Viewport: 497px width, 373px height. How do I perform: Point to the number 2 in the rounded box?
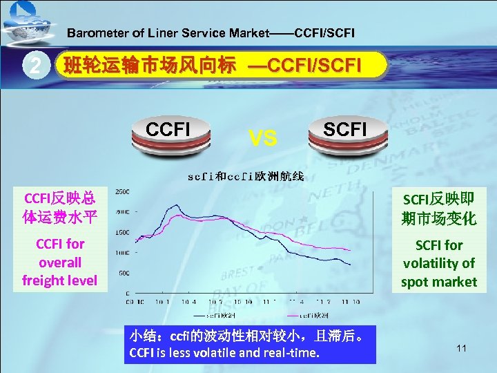click(33, 66)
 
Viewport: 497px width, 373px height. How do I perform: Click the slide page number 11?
click(462, 348)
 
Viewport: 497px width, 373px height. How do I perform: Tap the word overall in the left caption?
click(60, 262)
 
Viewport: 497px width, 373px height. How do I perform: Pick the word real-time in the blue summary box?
click(295, 354)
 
